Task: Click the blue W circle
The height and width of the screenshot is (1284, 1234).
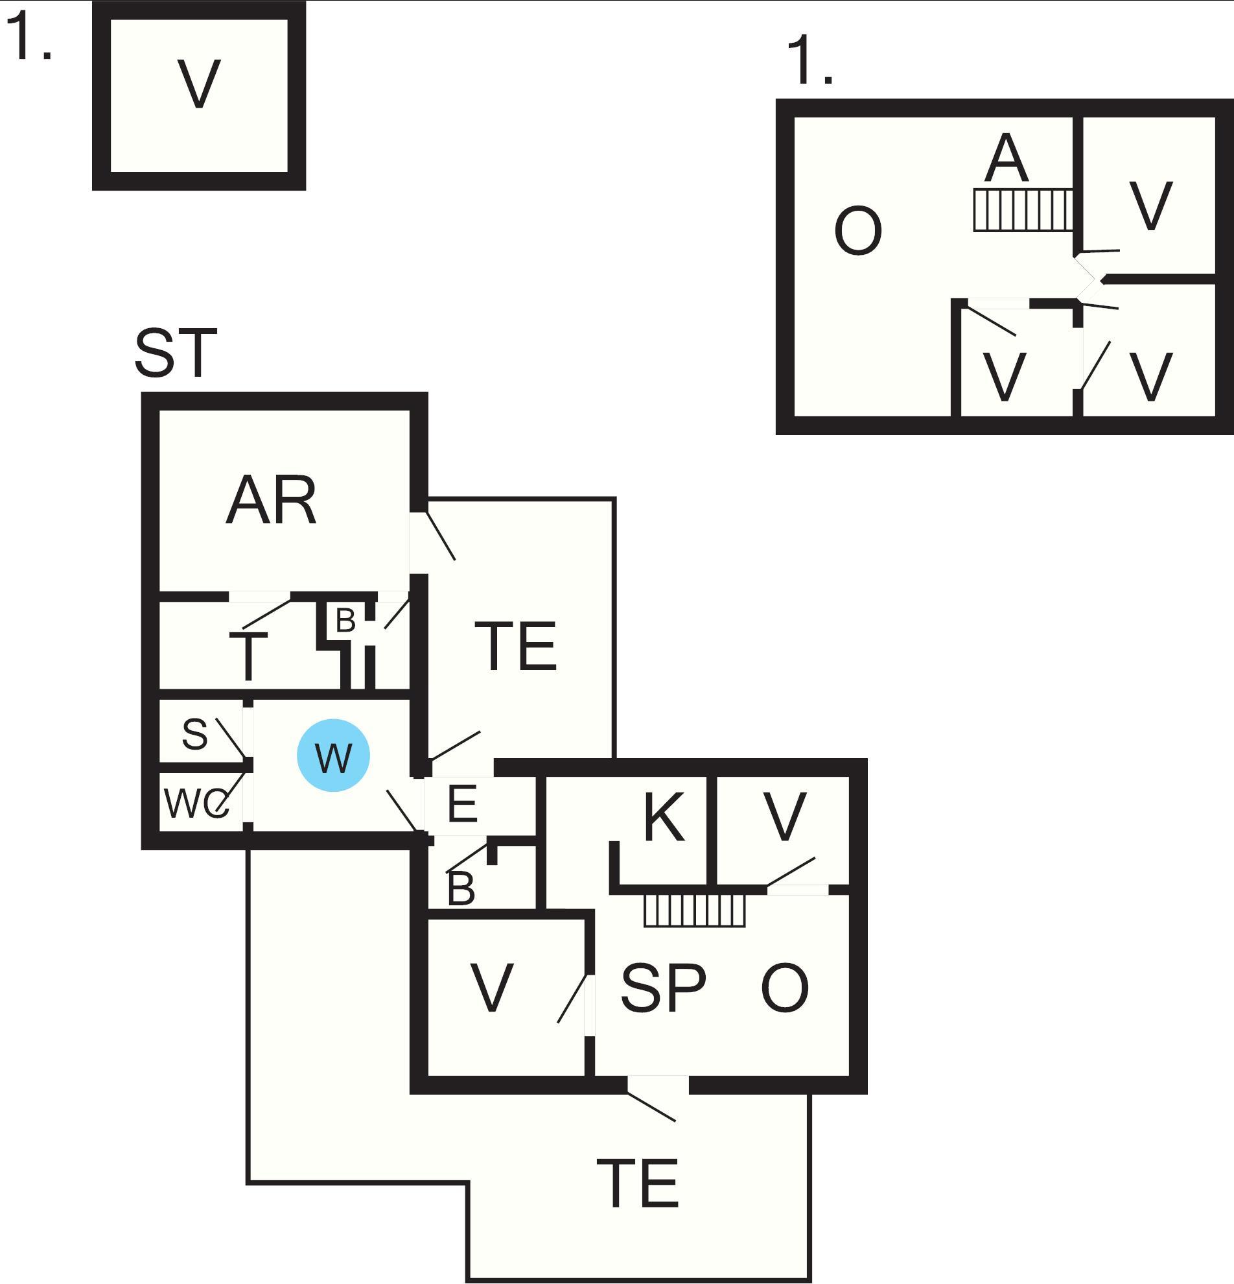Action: [x=333, y=755]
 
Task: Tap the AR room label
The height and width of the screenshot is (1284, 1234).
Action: [x=271, y=501]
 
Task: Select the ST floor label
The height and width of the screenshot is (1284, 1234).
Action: [x=176, y=354]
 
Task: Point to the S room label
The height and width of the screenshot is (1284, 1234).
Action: [x=194, y=733]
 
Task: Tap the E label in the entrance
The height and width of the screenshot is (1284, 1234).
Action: [x=462, y=803]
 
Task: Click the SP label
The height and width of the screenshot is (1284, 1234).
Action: [x=663, y=988]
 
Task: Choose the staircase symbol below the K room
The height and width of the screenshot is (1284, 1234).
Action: [x=695, y=910]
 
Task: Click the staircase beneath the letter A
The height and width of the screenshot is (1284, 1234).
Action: [x=1023, y=210]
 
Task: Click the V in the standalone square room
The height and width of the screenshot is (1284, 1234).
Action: [x=199, y=84]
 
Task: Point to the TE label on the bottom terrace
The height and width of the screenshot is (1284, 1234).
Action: [x=638, y=1183]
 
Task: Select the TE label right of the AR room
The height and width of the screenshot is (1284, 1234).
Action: [x=515, y=647]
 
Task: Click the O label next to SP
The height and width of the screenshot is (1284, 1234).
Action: [x=784, y=988]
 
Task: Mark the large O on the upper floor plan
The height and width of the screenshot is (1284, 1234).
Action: [x=857, y=231]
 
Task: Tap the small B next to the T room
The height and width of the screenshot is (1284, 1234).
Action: [x=345, y=620]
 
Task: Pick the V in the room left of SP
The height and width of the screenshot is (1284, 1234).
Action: [x=492, y=988]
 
